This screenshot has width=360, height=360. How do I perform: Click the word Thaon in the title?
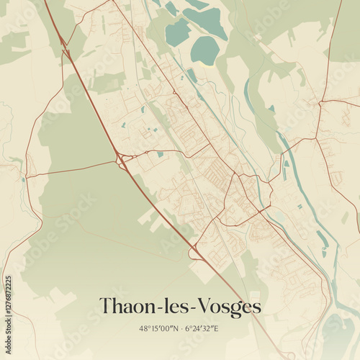click(x=125, y=307)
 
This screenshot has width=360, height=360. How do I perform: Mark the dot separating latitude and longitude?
click(x=180, y=328)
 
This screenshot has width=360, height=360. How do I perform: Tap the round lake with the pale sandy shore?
click(x=205, y=50)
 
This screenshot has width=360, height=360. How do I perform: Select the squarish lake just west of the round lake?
click(x=177, y=32)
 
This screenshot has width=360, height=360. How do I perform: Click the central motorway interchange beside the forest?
click(x=120, y=158)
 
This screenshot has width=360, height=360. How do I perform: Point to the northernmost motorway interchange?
click(x=65, y=45)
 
